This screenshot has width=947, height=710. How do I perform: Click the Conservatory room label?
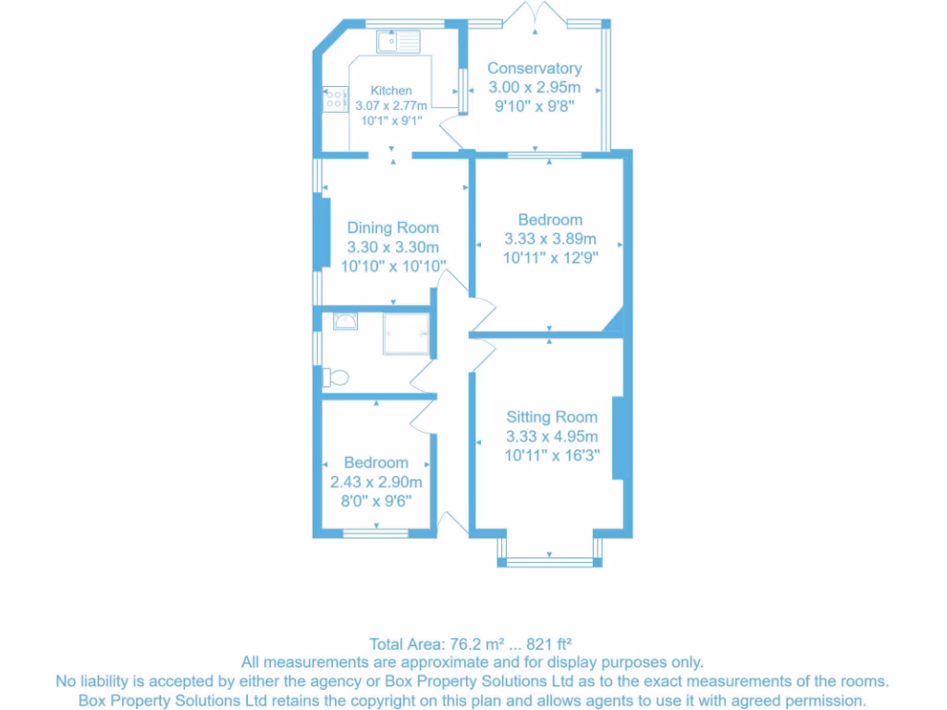click(x=535, y=68)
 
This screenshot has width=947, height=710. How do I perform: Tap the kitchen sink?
click(x=398, y=41)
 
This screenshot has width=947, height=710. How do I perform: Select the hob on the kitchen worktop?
click(x=334, y=99)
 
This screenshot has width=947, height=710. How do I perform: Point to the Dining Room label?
click(x=393, y=227)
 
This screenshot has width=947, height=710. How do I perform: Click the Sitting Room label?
click(x=551, y=417)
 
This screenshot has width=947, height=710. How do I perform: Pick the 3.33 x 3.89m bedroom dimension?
click(x=550, y=239)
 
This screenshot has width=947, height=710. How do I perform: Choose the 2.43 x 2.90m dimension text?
click(x=376, y=482)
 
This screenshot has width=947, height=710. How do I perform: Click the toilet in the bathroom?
click(x=336, y=377)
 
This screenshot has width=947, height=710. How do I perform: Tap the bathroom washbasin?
click(x=345, y=321)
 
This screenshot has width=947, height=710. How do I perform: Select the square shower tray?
click(x=407, y=333)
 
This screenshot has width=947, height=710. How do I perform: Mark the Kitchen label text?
click(x=391, y=91)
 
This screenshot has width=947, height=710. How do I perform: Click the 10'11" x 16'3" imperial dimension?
click(x=551, y=455)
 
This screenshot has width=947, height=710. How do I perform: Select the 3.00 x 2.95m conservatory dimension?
click(x=535, y=87)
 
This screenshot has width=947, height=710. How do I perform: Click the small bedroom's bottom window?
click(x=376, y=532)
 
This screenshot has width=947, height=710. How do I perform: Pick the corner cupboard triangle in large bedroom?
click(x=614, y=324)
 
